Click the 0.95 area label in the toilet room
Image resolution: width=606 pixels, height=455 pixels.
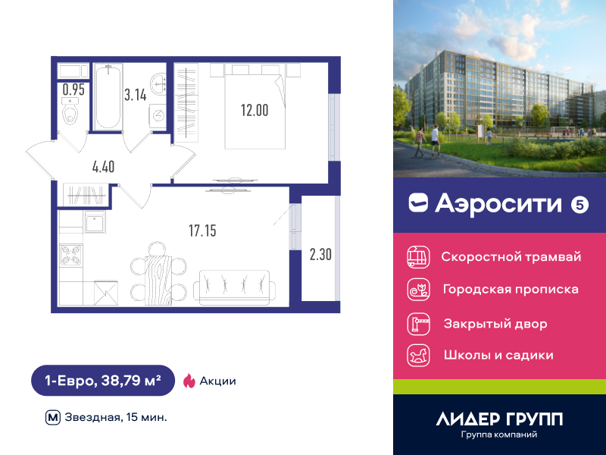pos(73,89)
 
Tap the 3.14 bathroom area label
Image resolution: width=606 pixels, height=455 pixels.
pos(136,95)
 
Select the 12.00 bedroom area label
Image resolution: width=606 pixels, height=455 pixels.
pos(255,110)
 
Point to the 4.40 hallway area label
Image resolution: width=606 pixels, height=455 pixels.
pos(103,167)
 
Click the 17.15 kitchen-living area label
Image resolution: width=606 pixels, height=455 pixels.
pos(202,231)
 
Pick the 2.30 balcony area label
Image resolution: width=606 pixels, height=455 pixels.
pos(320,255)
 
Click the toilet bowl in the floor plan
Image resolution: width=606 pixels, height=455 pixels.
pos(70,111)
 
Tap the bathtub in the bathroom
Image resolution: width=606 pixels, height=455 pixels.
pos(108,97)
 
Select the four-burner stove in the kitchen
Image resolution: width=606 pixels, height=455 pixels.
pos(71,256)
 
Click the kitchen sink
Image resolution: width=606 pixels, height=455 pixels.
pos(95,222)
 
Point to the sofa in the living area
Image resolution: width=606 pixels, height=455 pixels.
pos(234,288)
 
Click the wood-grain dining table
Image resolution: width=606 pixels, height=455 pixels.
pos(158,280)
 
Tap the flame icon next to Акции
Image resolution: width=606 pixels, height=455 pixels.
pos(189,381)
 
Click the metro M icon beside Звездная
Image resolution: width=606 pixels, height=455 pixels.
pos(53,418)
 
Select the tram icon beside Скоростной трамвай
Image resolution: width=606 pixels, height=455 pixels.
pos(418,257)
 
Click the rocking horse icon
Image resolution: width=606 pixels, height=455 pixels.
pos(418,355)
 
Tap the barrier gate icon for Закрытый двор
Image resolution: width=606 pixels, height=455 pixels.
pos(418,324)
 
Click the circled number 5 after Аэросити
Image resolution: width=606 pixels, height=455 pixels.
pos(579,205)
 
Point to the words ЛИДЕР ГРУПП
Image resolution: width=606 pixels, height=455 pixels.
pos(499,419)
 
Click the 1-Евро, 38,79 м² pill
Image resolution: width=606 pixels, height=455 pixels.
pos(103,381)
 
